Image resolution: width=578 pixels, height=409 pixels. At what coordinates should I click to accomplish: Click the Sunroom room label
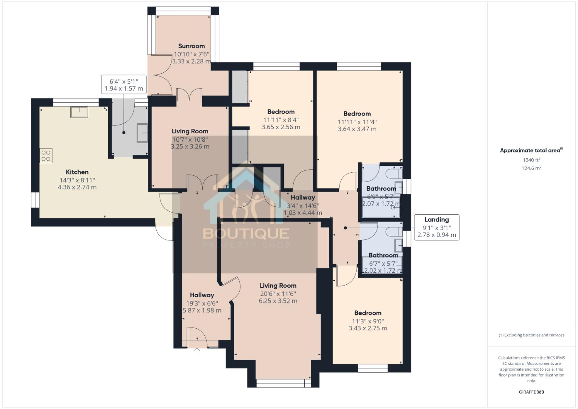coord(191,46)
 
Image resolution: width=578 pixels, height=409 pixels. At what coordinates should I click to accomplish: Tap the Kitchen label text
coord(77,172)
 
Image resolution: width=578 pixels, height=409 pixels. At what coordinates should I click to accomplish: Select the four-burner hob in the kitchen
coord(46,156)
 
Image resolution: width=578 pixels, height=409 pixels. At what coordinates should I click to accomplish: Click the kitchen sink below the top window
coord(79,112)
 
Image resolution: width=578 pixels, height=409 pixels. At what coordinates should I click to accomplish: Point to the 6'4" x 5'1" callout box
coord(123,85)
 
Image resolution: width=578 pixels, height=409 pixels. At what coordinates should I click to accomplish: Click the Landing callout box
coord(436,227)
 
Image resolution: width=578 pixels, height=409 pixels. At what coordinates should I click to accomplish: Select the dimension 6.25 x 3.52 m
coord(278,301)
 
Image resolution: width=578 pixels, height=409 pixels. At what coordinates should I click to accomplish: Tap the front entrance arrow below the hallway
coord(197,350)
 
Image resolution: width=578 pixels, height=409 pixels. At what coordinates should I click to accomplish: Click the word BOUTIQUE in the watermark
coord(246,233)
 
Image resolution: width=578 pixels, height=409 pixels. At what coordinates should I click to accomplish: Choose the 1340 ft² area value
coord(531,160)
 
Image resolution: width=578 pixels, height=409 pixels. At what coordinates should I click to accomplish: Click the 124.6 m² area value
coord(531,168)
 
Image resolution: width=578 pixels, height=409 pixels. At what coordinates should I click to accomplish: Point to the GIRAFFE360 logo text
coord(531,392)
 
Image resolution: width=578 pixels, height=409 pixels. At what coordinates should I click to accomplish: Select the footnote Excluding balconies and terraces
coord(531,335)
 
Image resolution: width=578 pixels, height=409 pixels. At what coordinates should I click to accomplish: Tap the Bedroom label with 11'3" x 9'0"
coord(368,313)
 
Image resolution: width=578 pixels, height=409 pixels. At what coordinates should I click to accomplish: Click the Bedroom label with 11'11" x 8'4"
coord(280,112)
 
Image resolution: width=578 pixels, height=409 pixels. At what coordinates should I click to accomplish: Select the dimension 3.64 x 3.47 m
coord(357,129)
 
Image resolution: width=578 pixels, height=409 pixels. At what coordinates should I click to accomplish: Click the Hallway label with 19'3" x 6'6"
coord(202,295)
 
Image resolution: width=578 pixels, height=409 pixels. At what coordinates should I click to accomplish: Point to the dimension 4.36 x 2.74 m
coord(77,187)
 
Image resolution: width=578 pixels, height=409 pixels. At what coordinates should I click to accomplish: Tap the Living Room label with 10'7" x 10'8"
coord(190,131)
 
